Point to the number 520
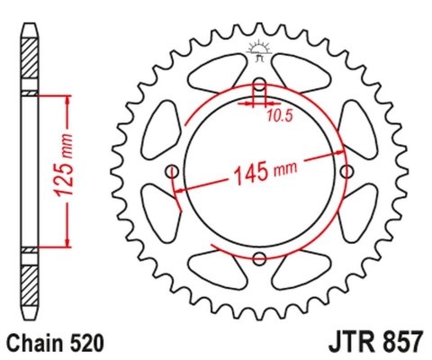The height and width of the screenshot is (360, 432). point(89,343)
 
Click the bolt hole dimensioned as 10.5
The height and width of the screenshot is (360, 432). point(259,85)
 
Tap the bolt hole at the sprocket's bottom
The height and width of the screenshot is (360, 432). point(259,259)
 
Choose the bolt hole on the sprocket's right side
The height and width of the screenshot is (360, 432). point(346,173)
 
